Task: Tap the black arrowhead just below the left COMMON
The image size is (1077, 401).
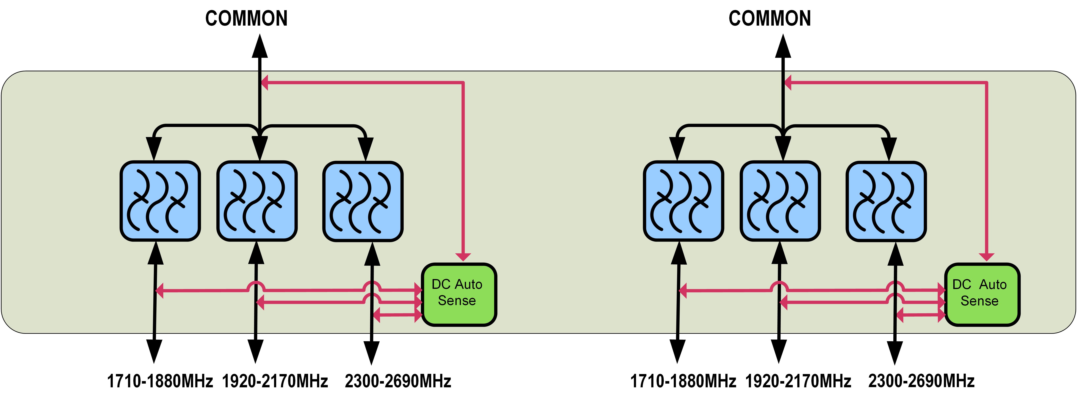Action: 260,47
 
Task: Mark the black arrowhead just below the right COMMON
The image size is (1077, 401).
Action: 783,47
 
